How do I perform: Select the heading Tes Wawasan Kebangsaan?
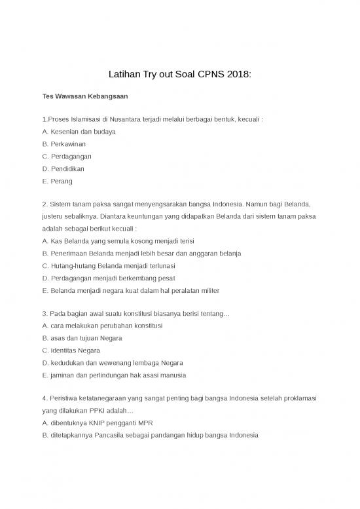tap(85, 97)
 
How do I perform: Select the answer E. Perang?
tap(57, 181)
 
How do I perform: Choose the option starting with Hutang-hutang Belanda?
tap(108, 265)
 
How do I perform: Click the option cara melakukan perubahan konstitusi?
tap(102, 326)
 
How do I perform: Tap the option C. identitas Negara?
tap(71, 350)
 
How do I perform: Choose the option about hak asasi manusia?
tap(114, 375)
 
